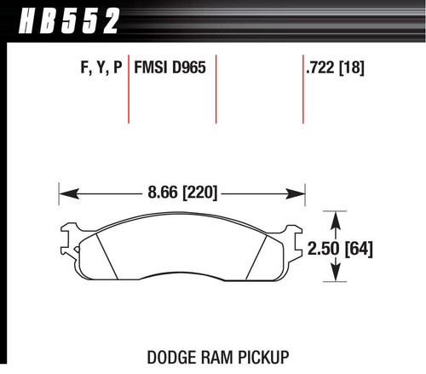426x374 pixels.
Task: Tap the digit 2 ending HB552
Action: pos(108,17)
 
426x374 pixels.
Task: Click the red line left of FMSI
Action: pos(129,89)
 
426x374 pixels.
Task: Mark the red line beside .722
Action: pos(303,89)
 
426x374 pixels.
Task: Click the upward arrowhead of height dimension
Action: pos(337,217)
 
